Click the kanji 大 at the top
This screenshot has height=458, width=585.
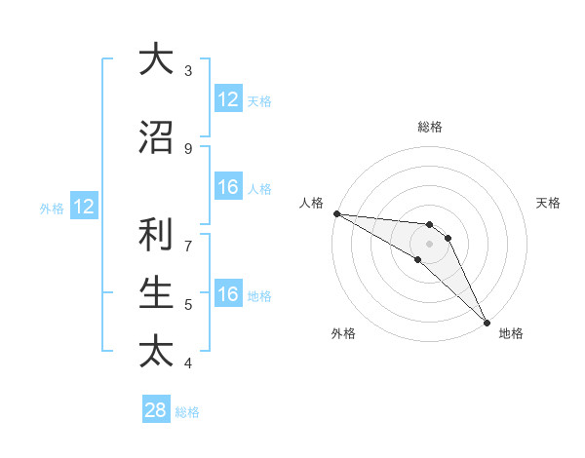tap(156, 60)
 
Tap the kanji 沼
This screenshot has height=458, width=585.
tap(156, 138)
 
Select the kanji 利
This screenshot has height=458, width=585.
tap(156, 235)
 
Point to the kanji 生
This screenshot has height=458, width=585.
tap(156, 291)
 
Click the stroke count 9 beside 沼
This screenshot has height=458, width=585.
tap(187, 149)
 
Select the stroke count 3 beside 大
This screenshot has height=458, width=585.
tap(187, 70)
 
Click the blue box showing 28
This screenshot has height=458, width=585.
tap(156, 410)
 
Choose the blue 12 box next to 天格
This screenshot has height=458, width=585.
tap(228, 99)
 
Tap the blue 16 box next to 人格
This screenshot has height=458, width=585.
tap(228, 188)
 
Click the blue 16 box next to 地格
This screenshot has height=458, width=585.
tap(228, 295)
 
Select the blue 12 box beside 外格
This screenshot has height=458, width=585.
tap(84, 207)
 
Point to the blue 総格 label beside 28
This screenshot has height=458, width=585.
tap(187, 412)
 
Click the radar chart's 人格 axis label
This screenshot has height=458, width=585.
tap(312, 203)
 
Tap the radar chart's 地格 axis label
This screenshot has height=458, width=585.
tap(511, 333)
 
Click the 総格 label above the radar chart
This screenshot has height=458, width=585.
tap(430, 127)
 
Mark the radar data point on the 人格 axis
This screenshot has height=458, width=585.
tap(336, 213)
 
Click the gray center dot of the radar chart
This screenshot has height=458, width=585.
tap(429, 244)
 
